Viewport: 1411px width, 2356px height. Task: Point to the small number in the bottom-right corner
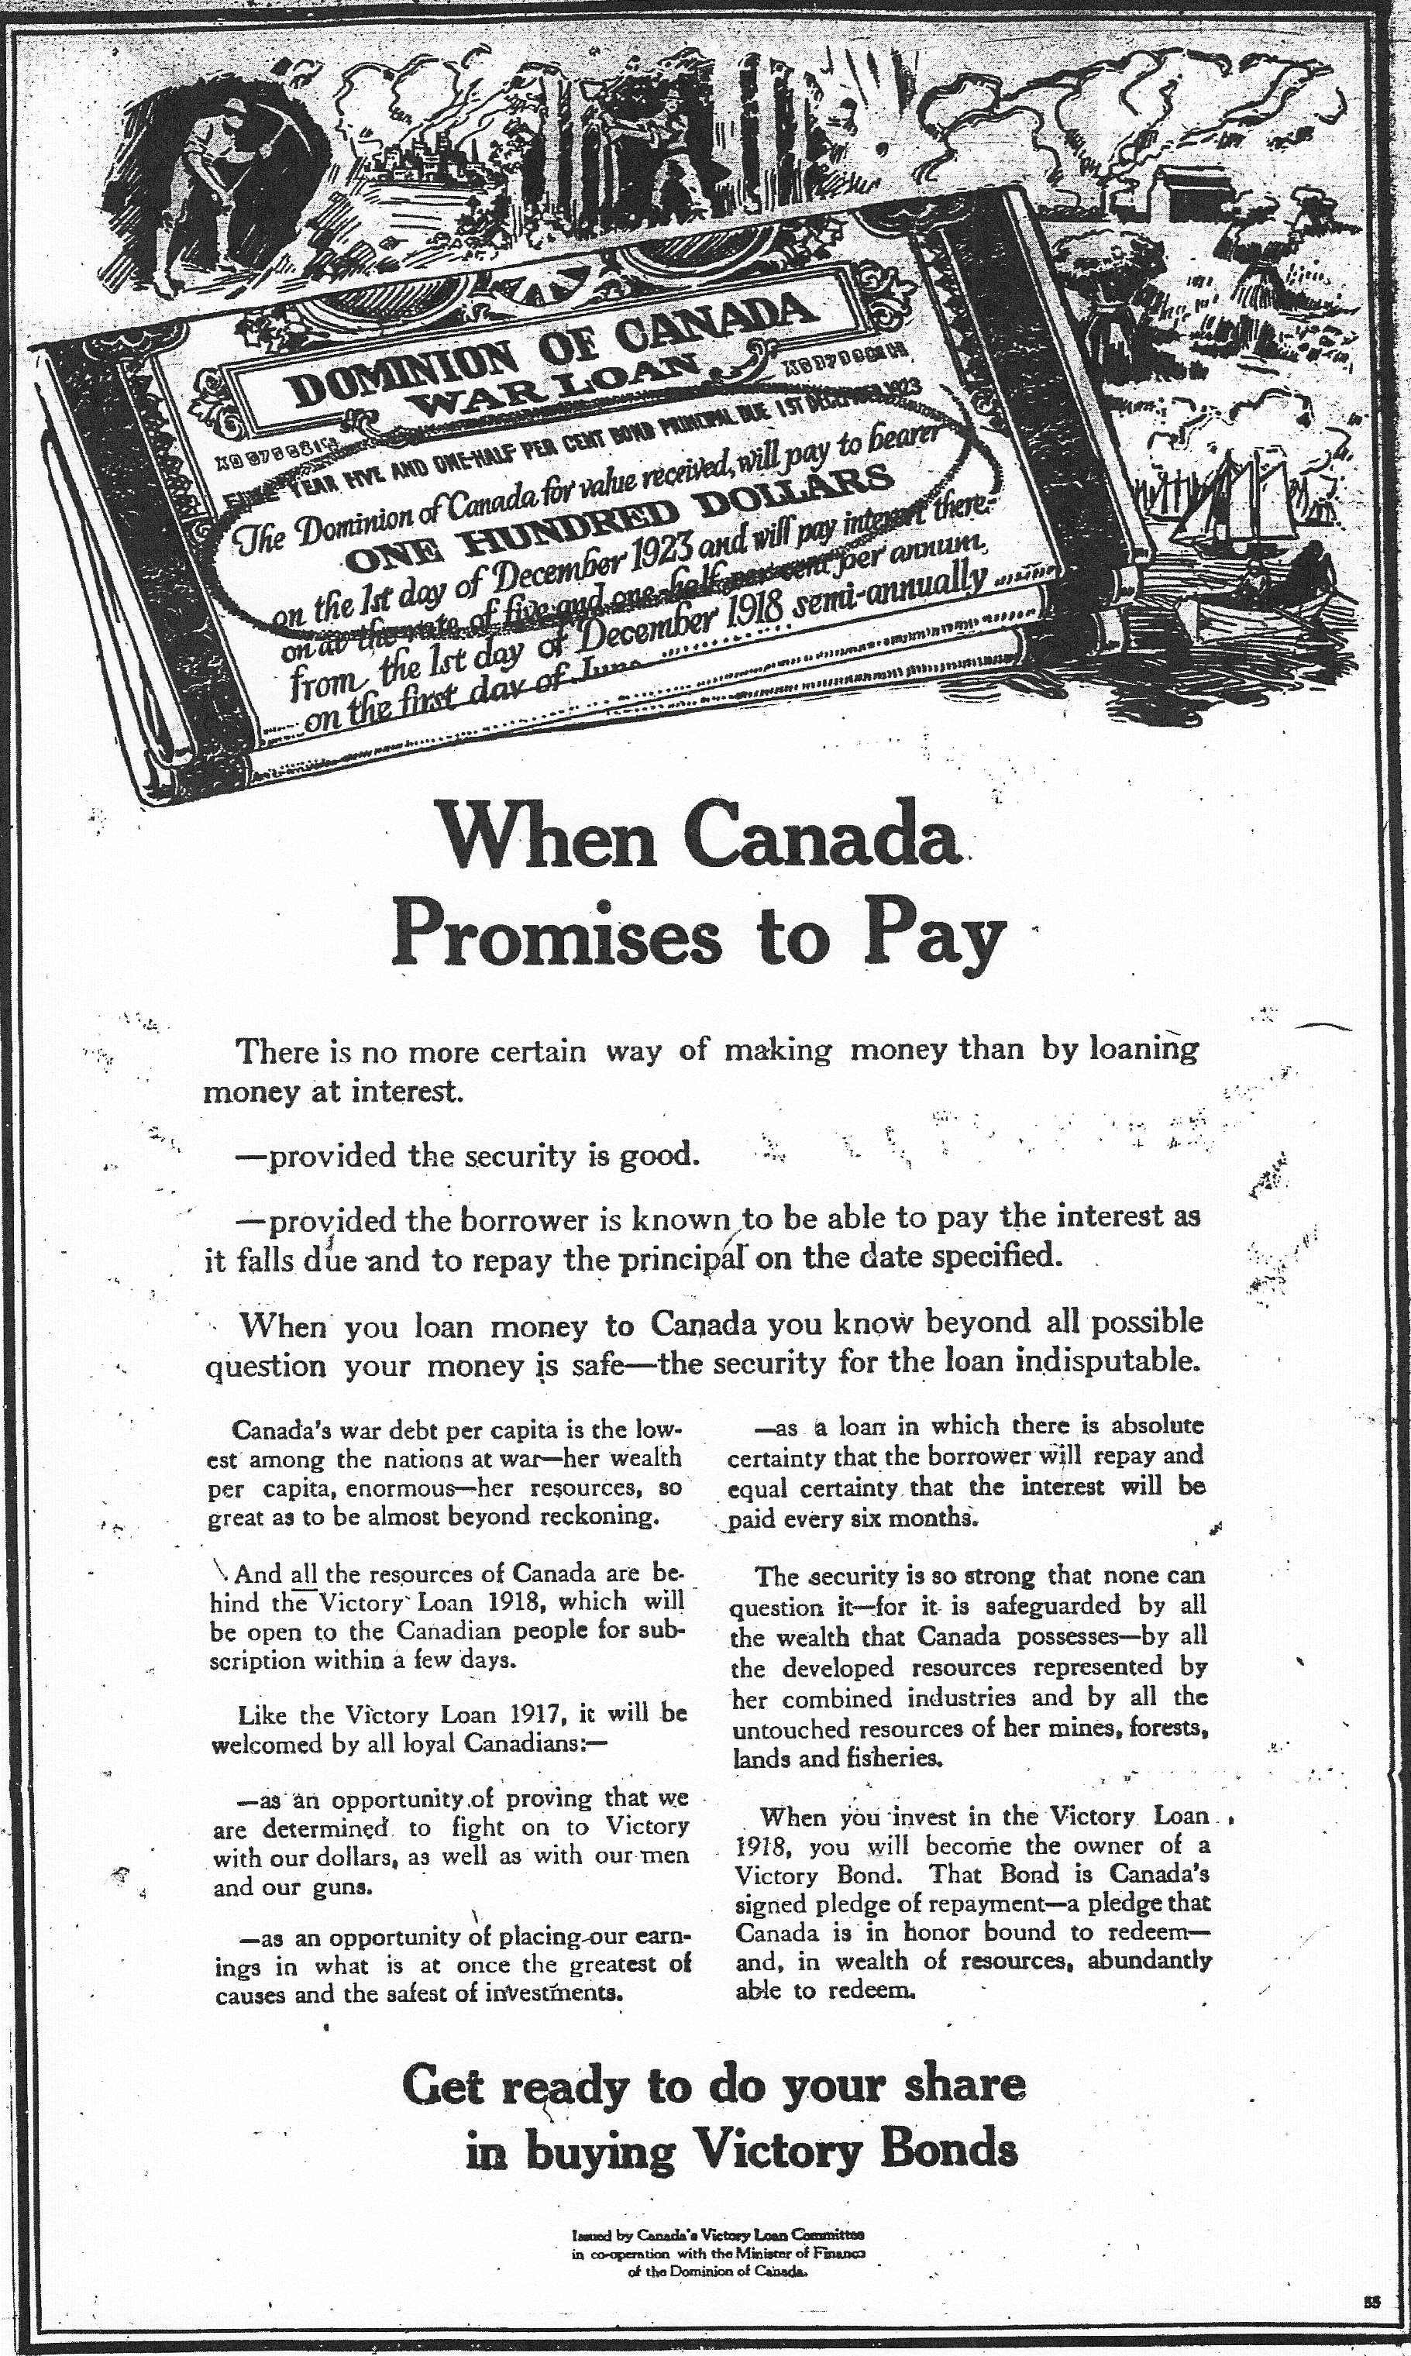(x=1371, y=2293)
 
